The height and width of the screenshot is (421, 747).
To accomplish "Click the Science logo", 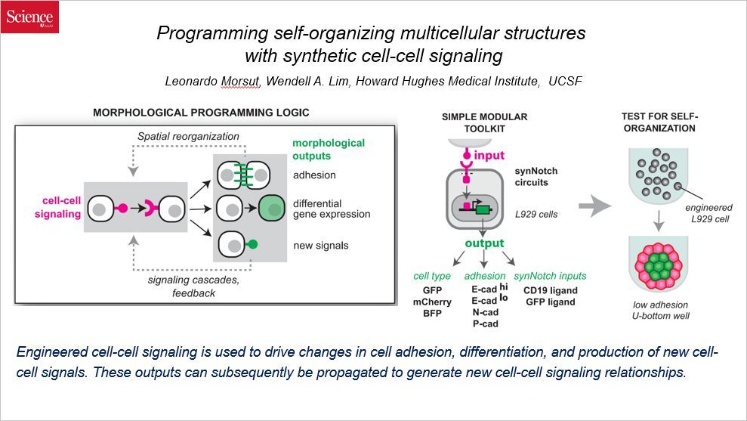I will tap(29, 17).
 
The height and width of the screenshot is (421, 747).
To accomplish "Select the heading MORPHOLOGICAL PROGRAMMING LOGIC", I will tap(201, 113).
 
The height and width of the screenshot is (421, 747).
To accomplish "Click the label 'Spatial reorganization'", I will tap(188, 136).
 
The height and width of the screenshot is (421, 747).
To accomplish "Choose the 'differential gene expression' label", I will tap(332, 209).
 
